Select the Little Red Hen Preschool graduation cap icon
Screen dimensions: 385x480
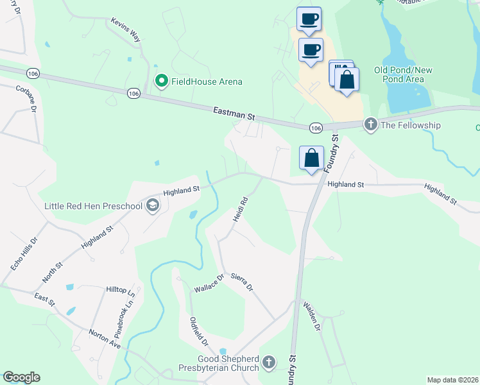[153, 206]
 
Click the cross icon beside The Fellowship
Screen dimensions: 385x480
[370, 124]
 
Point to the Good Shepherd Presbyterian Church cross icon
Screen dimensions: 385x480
[269, 363]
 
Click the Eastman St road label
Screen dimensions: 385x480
[234, 114]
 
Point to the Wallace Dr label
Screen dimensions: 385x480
[209, 284]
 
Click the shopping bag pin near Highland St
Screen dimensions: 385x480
[311, 158]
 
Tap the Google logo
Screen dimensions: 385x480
[21, 377]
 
